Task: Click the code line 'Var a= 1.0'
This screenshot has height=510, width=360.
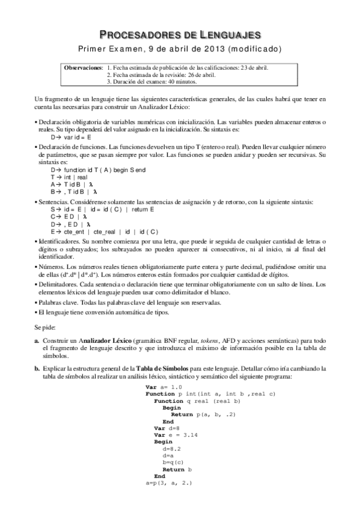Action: [x=163, y=387]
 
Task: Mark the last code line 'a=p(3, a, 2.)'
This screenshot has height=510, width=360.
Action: [x=172, y=482]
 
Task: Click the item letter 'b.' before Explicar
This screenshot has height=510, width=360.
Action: [x=37, y=367]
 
